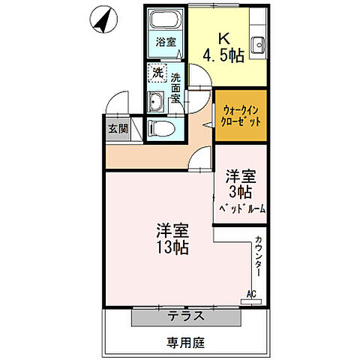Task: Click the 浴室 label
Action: point(166,43)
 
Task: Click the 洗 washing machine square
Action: point(157,73)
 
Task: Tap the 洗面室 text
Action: point(175,88)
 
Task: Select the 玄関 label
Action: point(118,128)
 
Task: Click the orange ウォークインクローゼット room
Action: point(240,115)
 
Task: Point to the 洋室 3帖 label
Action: point(241,184)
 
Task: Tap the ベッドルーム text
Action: point(241,209)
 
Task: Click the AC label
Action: point(250,293)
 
